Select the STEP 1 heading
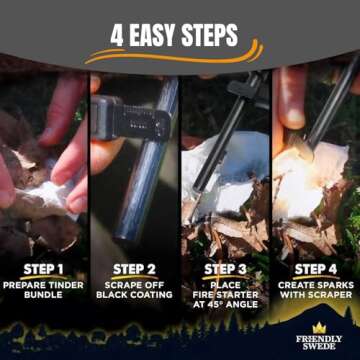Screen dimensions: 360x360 point(44,269)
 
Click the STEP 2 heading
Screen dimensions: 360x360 point(133,269)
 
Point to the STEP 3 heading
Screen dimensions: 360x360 point(225,269)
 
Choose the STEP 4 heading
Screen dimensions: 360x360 point(316,269)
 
